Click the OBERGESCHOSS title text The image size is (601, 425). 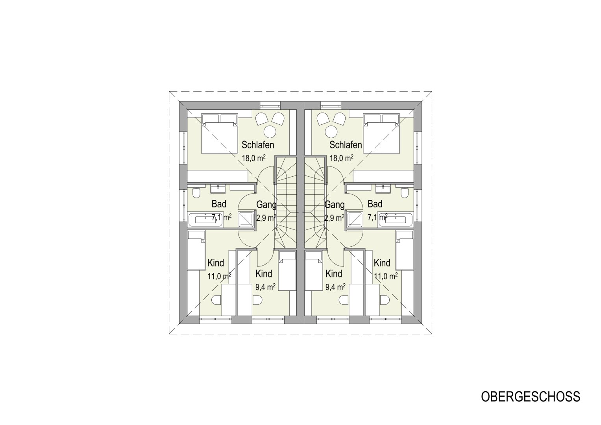click(x=530, y=396)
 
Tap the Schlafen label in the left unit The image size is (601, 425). click(x=258, y=145)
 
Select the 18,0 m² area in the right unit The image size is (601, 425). click(x=341, y=158)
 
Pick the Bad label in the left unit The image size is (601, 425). click(x=219, y=204)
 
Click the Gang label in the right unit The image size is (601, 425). click(x=335, y=205)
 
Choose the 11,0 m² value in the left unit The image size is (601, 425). click(x=219, y=276)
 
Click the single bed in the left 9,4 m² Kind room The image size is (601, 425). click(x=287, y=271)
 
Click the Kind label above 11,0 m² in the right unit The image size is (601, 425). click(x=382, y=263)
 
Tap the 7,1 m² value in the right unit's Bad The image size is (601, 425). click(x=377, y=217)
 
